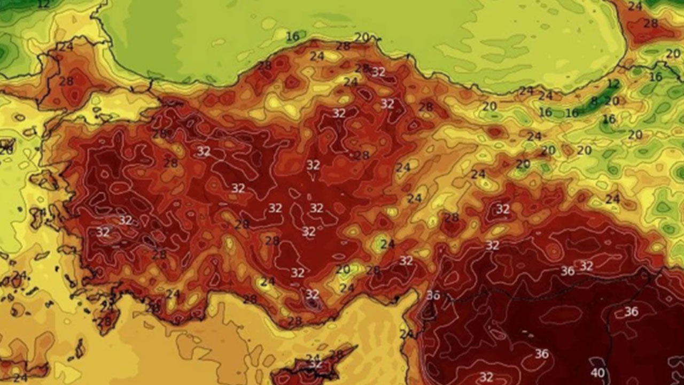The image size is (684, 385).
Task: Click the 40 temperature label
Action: pos(597,373)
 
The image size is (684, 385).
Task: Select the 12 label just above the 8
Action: pos(613,84)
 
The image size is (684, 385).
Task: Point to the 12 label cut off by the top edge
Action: pos(44,4)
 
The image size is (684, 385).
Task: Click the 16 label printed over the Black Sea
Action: pos(292,36)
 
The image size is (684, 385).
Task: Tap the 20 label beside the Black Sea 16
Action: pos(362,37)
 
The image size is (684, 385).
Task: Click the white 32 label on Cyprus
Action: pos(316,364)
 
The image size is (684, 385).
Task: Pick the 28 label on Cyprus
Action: pos(336,355)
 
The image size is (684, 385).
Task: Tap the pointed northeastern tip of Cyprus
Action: pos(355,347)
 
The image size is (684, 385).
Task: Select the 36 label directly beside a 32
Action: pos(568,271)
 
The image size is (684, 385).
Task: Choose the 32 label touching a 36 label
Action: pos(586,266)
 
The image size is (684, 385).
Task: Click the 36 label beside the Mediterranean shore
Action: pos(433,295)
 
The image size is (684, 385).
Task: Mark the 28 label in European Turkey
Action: pos(66,81)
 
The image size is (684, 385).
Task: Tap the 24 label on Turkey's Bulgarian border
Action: pos(65,47)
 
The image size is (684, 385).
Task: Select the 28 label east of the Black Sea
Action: pos(650,24)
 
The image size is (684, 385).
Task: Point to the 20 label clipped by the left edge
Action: pos(5,151)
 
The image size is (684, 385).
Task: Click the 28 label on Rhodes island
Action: pos(104,321)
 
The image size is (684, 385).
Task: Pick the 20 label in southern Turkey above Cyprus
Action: pos(343,269)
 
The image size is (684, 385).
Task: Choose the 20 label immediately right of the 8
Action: pos(612,101)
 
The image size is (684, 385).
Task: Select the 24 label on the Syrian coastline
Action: pos(407,334)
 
